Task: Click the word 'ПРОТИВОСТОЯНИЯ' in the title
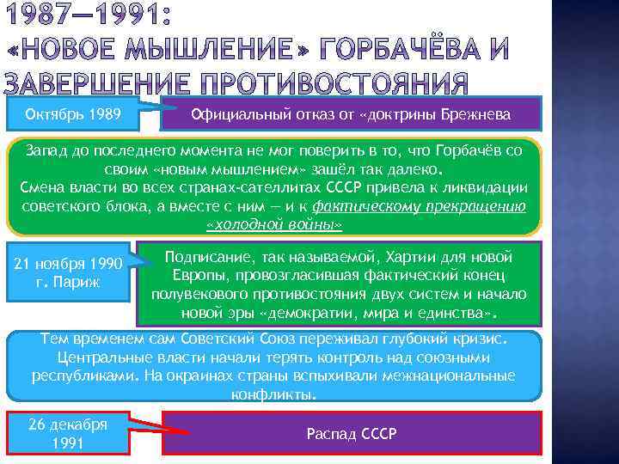(x=336, y=84)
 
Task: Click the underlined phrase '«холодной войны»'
(x=274, y=225)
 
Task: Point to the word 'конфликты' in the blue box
(x=273, y=395)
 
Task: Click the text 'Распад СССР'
(x=352, y=434)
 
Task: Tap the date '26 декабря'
(x=67, y=425)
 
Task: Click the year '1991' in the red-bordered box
(x=67, y=444)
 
